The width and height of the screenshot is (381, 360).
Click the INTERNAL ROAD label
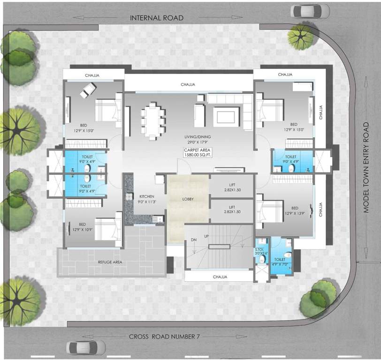pyautogui.click(x=156, y=18)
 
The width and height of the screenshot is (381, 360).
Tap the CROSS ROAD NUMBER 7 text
pyautogui.click(x=164, y=337)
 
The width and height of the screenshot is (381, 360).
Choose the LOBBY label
pyautogui.click(x=188, y=199)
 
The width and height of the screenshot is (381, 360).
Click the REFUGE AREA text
pyautogui.click(x=110, y=262)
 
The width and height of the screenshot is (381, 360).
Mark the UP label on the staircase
pyautogui.click(x=206, y=236)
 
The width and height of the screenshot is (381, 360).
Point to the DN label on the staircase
pyautogui.click(x=194, y=240)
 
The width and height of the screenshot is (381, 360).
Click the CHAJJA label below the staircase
pyautogui.click(x=220, y=277)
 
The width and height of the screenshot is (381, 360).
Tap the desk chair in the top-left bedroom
pyautogui.click(x=88, y=90)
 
